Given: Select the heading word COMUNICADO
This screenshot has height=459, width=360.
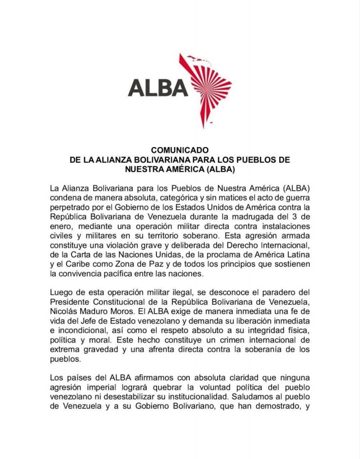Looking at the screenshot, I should tap(180, 151).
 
